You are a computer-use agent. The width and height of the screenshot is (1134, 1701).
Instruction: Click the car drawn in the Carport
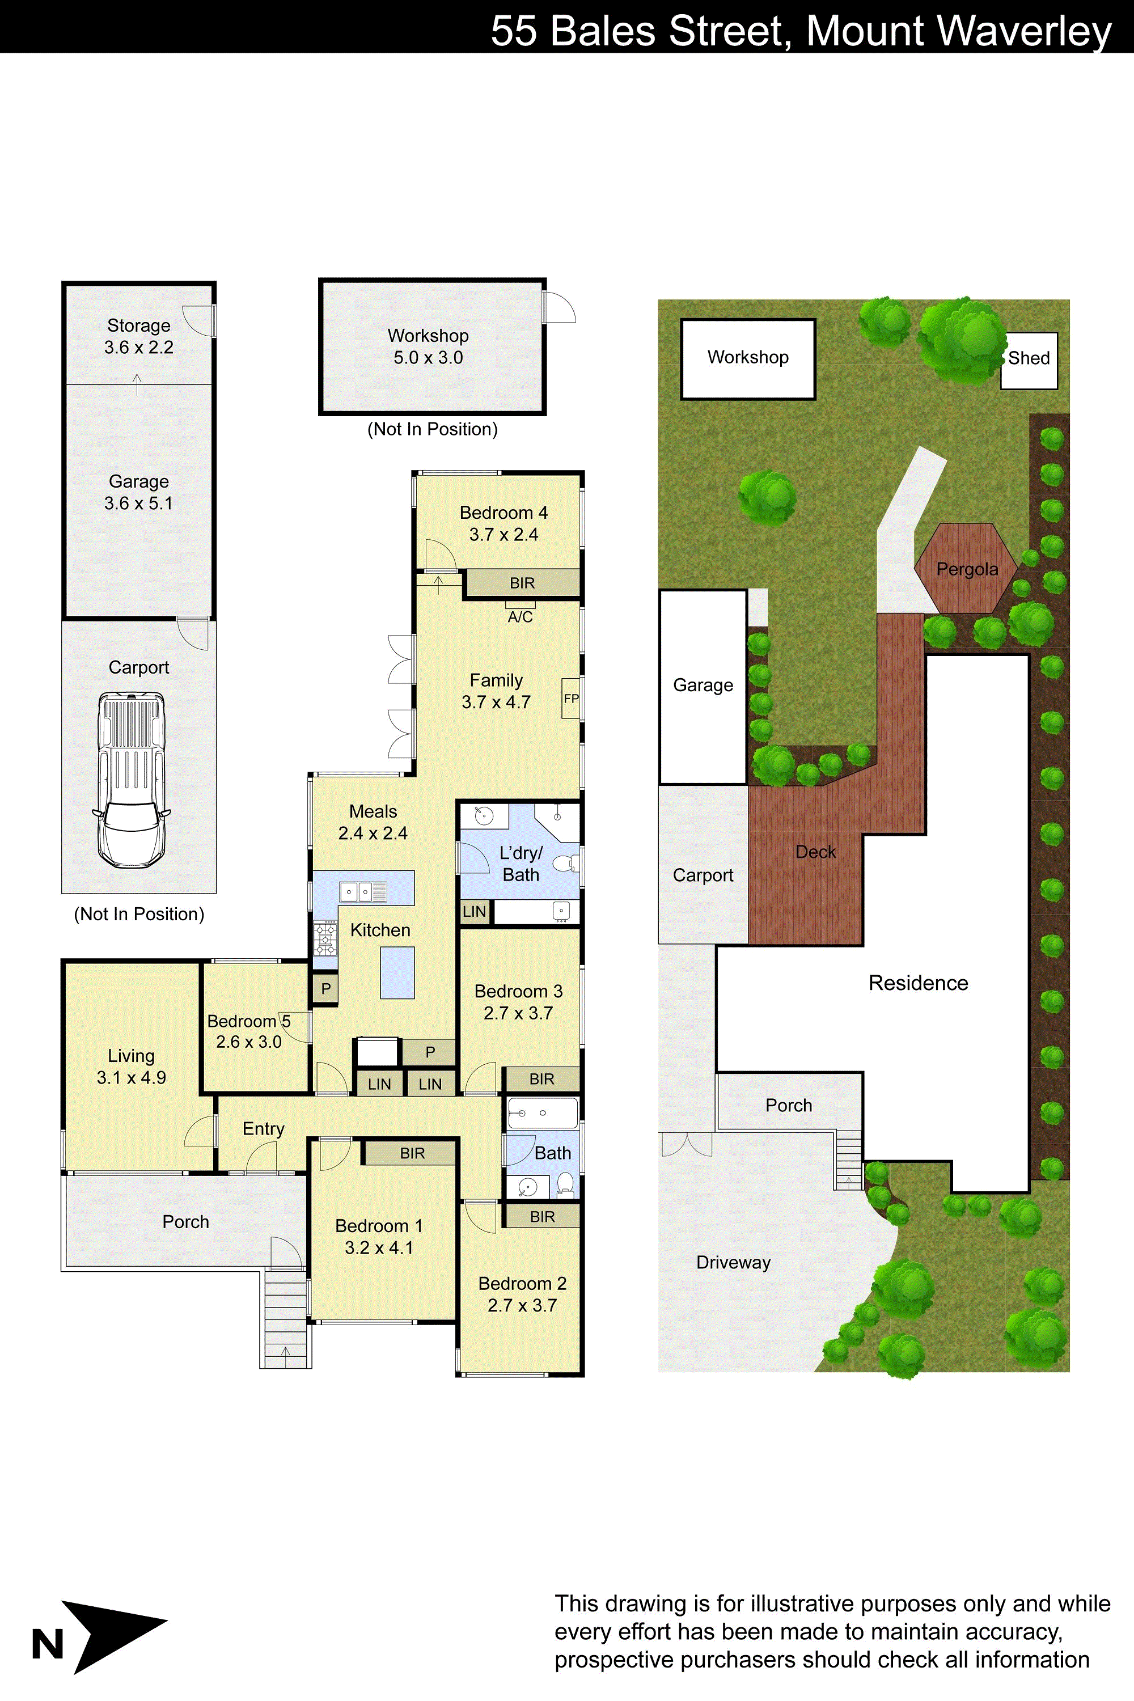tap(132, 779)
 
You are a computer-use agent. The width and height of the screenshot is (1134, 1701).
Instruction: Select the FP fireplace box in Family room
tap(570, 698)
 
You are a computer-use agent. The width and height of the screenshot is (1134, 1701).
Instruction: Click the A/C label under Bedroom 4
tap(520, 617)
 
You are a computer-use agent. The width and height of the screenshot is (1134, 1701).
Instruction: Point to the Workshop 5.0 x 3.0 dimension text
tap(428, 357)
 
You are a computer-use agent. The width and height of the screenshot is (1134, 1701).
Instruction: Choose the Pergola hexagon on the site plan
tap(966, 569)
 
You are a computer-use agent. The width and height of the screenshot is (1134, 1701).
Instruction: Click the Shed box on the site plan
tap(1029, 359)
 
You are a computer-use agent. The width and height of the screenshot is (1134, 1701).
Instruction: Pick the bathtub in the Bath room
tap(543, 1113)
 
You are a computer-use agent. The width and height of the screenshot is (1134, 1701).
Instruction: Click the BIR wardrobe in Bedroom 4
tap(522, 583)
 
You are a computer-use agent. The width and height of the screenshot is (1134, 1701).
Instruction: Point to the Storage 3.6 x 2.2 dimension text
tap(139, 347)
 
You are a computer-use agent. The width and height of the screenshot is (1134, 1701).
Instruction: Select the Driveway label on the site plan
tap(733, 1262)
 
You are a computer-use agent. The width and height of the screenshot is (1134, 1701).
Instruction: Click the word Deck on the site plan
tap(815, 852)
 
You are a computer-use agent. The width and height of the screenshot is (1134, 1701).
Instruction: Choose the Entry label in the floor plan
tap(263, 1128)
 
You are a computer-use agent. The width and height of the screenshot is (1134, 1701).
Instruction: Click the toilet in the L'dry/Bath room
tap(564, 864)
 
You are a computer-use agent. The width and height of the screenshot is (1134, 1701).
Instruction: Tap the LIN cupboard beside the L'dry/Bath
tap(475, 911)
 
